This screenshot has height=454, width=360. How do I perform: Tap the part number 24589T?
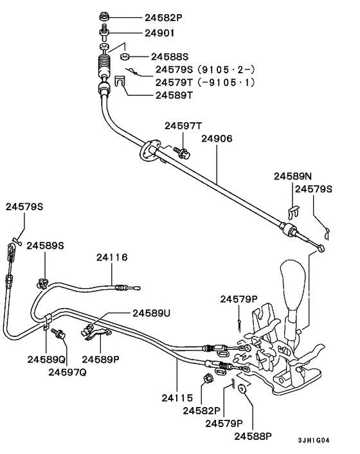174,95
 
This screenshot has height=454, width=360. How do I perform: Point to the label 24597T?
183,126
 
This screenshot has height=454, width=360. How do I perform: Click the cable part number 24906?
217,138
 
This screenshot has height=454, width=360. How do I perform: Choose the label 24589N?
292,176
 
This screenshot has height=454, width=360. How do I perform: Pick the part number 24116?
113,257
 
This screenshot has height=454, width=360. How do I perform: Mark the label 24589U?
152,313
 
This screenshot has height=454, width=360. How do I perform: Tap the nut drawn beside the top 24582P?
104,15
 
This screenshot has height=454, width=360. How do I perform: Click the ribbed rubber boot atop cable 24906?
104,66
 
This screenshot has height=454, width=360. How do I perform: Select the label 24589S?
45,246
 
